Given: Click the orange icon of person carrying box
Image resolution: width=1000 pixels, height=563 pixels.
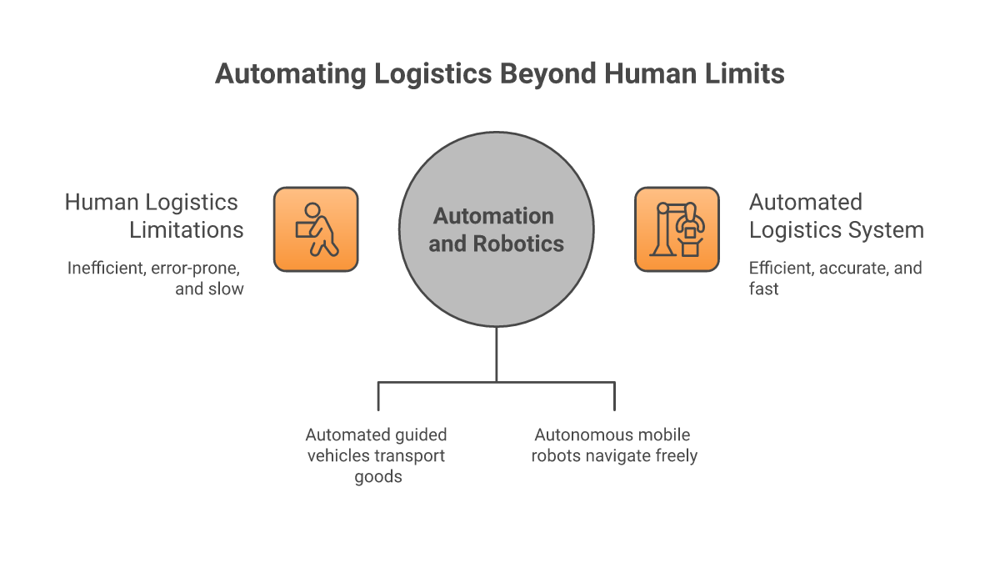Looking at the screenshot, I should [316, 229].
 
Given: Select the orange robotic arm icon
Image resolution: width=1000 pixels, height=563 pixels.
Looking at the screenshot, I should [677, 229].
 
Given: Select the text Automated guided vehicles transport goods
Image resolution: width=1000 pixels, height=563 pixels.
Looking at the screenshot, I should [376, 456].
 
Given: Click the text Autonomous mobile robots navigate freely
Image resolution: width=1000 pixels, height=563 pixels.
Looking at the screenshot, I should [613, 445].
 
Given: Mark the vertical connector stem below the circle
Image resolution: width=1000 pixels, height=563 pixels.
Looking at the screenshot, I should [497, 354].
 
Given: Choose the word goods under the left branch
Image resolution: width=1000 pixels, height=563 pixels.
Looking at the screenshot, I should [377, 477].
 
